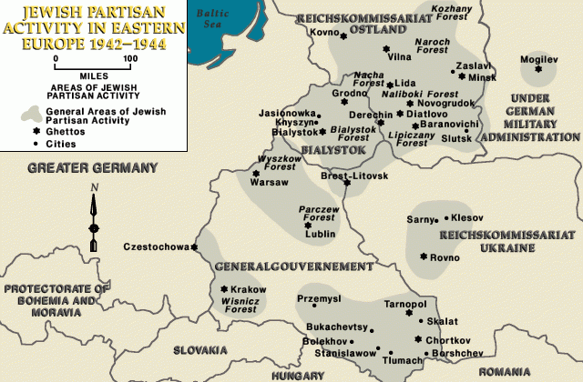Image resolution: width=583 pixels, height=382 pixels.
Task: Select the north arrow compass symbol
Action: (93, 218)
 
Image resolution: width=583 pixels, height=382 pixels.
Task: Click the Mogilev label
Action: (537, 59)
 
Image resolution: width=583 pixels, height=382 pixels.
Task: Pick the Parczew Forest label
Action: (320, 214)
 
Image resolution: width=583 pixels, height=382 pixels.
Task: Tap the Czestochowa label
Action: (155, 246)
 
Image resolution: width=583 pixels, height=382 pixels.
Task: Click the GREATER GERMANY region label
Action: (92, 167)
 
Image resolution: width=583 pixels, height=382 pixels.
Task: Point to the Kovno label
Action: (323, 34)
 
